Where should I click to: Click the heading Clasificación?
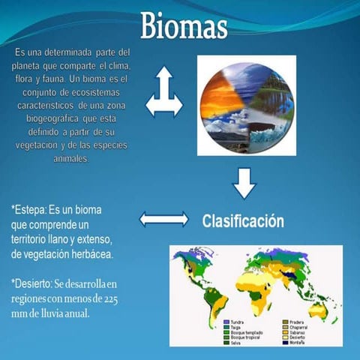pyautogui.click(x=243, y=222)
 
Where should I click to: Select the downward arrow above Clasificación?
pyautogui.click(x=243, y=182)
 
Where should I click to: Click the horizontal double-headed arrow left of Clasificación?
pyautogui.click(x=163, y=219)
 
